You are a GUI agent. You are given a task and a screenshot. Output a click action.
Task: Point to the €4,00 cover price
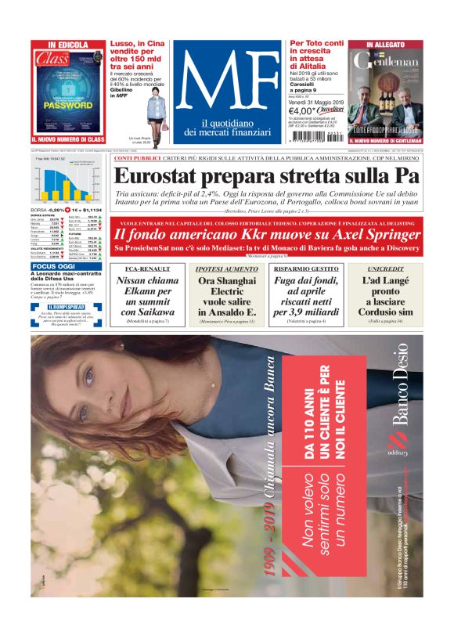coord(304,111)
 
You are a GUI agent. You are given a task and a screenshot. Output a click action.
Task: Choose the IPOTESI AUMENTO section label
coord(226,269)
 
